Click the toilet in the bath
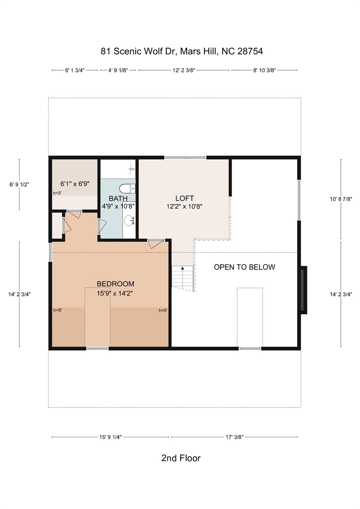click(127, 188)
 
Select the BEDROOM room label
click(115, 284)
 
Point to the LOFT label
click(185, 198)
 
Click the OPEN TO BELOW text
click(245, 267)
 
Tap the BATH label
click(118, 198)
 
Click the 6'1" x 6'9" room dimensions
click(75, 184)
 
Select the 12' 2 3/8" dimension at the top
click(184, 70)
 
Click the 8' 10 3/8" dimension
click(265, 70)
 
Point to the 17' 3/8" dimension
click(235, 437)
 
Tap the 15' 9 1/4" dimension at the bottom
click(110, 437)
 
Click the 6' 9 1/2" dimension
click(19, 185)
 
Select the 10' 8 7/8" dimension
click(341, 199)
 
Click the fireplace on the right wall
click(304, 290)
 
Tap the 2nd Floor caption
click(181, 458)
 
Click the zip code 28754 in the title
click(250, 51)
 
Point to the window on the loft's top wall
click(185, 157)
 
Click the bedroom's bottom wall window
click(97, 348)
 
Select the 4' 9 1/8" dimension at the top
click(118, 70)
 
